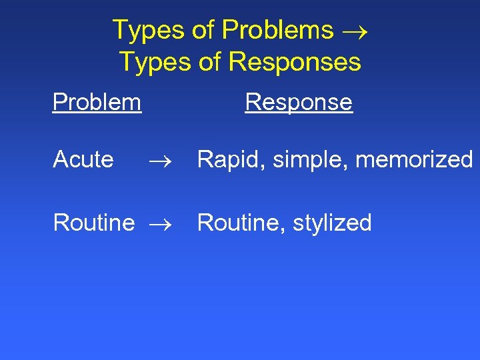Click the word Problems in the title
coord(277,30)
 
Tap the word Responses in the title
coord(295,62)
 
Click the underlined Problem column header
coord(97,102)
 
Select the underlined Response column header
coord(299,102)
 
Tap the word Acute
coord(83,160)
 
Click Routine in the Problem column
coord(93,223)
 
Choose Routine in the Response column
coord(238,223)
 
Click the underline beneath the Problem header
coord(97,113)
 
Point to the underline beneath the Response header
coord(299,113)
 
